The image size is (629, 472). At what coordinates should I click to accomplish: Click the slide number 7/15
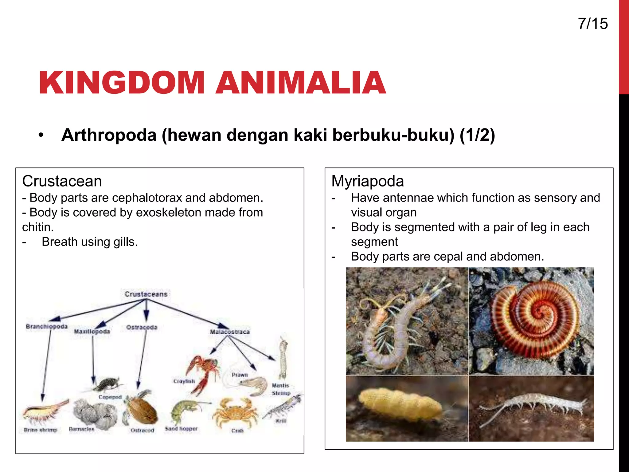(592, 24)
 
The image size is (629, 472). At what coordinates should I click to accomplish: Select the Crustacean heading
(62, 181)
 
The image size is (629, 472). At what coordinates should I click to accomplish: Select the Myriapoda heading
(367, 181)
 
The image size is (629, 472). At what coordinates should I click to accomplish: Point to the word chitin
(38, 227)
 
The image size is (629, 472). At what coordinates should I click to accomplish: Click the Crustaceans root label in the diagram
(146, 294)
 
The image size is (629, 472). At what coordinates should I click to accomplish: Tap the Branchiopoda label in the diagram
(47, 326)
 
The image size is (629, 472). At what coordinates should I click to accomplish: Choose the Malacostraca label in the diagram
(230, 332)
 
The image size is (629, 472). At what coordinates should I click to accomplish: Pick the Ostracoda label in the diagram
(142, 327)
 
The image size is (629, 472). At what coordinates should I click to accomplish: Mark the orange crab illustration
(235, 412)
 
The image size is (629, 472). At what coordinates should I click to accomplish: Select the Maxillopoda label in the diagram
(92, 332)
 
